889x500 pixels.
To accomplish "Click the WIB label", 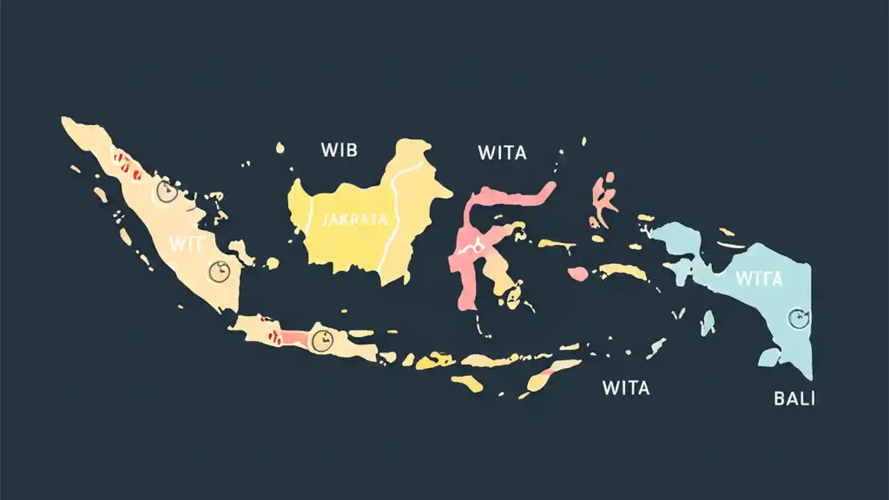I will click(339, 149).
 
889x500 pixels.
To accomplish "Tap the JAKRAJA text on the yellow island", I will click(354, 220).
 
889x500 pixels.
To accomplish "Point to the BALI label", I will click(794, 399).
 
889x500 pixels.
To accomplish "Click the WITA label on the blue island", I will click(758, 279).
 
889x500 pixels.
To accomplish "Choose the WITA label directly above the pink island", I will click(501, 153).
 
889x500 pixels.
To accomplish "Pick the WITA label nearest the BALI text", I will click(626, 387).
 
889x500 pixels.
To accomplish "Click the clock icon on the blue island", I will click(799, 319).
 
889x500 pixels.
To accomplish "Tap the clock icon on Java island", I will click(322, 340).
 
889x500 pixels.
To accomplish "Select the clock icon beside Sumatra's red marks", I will click(167, 191).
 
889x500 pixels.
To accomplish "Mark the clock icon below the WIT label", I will click(219, 272).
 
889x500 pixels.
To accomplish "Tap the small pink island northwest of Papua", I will click(604, 198).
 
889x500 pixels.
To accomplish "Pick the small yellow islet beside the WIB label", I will click(280, 147).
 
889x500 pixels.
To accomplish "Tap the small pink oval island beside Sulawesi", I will click(578, 274).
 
